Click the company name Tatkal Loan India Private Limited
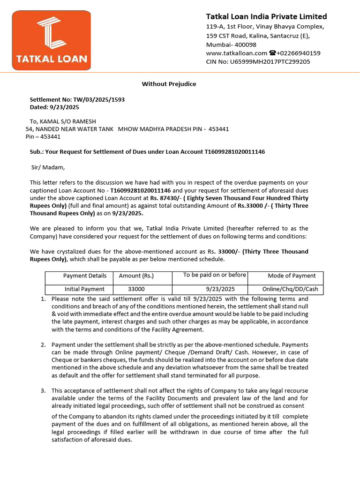[x=267, y=16]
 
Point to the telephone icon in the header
[x=272, y=53]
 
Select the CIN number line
[x=258, y=62]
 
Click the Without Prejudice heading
[x=169, y=84]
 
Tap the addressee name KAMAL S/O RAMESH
[x=63, y=121]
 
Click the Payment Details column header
[x=85, y=276]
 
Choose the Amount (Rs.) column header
[x=136, y=276]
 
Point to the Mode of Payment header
[x=292, y=276]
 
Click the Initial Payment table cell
[x=85, y=289]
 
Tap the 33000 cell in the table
[x=136, y=289]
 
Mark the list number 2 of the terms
[x=43, y=345]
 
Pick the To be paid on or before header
[x=215, y=275]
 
